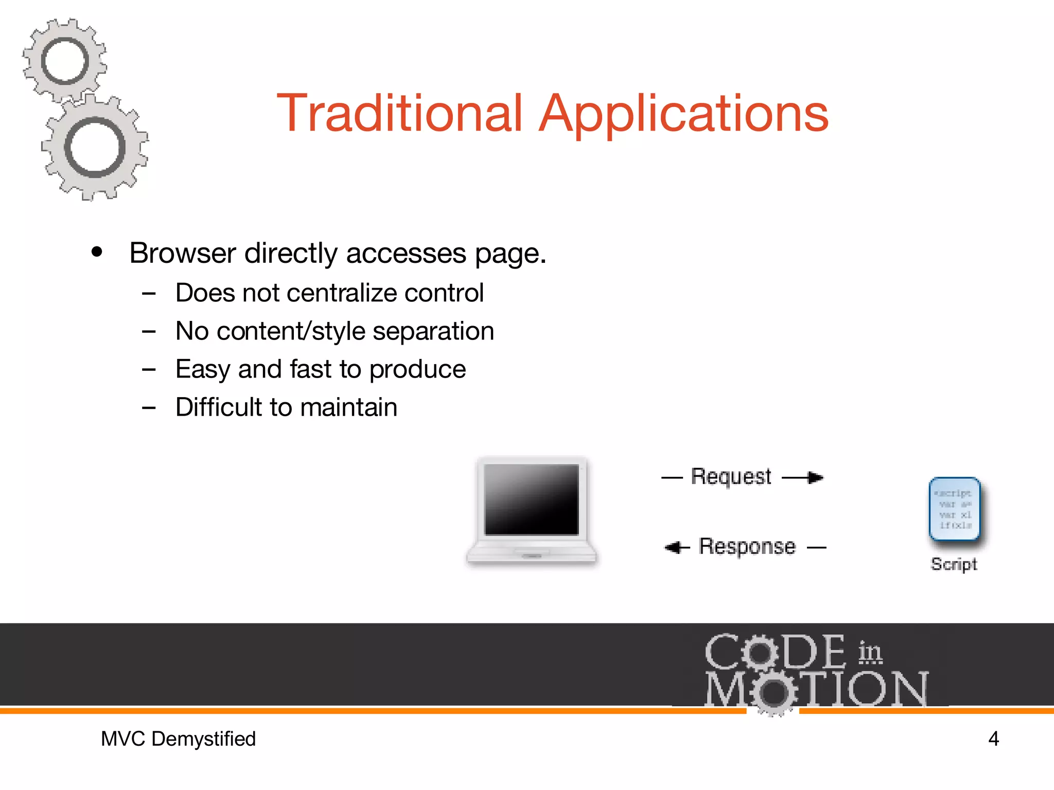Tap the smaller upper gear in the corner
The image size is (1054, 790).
[x=65, y=61]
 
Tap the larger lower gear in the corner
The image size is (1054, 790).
[x=95, y=148]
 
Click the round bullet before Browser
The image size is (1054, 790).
[x=97, y=253]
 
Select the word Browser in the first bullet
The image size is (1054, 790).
[x=183, y=253]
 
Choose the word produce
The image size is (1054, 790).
[x=417, y=369]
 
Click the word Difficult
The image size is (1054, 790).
[x=219, y=407]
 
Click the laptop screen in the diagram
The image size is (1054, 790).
[x=532, y=499]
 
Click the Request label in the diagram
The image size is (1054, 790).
[x=731, y=477]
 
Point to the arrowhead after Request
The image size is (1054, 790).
[x=815, y=478]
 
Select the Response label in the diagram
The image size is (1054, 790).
[x=747, y=547]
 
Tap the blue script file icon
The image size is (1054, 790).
[x=955, y=509]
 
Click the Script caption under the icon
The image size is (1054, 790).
[x=954, y=564]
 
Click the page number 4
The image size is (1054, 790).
[x=993, y=739]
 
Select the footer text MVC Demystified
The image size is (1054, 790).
[x=178, y=739]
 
